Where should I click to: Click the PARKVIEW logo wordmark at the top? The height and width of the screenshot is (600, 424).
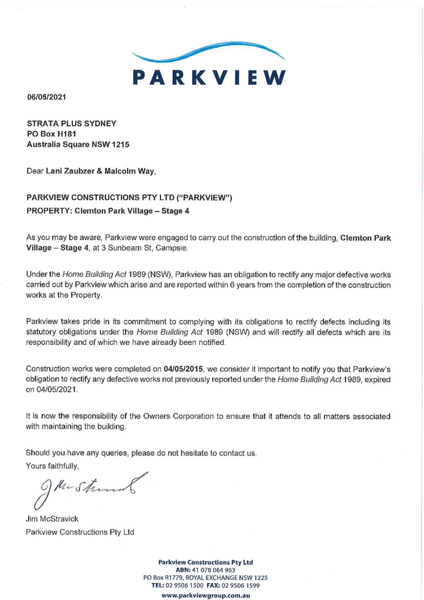[209, 77]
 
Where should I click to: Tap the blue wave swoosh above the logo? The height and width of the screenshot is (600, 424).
[208, 51]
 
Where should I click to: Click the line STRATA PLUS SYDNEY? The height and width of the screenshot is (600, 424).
[72, 123]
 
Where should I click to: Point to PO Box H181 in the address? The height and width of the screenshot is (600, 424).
[52, 134]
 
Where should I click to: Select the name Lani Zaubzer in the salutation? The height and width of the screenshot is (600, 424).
[70, 171]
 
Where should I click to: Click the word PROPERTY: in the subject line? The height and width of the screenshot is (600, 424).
[49, 211]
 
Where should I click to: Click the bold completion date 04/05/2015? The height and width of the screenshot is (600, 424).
[183, 369]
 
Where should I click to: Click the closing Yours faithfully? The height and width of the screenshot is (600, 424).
[52, 466]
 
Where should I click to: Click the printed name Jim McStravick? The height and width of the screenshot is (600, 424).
[52, 519]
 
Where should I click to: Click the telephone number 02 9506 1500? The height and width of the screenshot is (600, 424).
[184, 585]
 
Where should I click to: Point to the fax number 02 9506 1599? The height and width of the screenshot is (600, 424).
[240, 585]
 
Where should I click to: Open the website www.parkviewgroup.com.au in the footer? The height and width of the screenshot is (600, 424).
[206, 595]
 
